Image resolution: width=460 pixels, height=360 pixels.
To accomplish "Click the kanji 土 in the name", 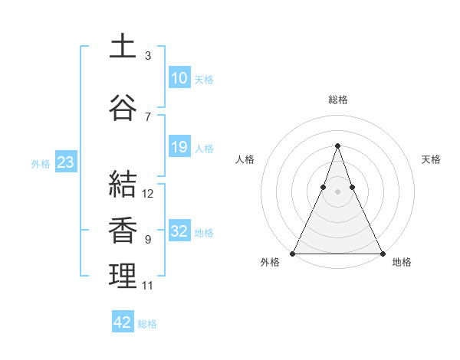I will click(123, 46).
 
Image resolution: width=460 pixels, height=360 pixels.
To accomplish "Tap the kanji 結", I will click(123, 185).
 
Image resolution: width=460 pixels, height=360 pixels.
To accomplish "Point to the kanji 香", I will click(123, 231).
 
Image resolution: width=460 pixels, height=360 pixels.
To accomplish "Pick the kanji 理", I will click(123, 277).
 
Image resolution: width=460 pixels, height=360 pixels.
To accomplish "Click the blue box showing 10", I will click(179, 78).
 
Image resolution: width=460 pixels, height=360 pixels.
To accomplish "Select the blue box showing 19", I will click(179, 147).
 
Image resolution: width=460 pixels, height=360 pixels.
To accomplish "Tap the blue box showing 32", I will click(179, 231).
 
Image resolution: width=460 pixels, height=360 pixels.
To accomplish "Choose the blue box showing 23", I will click(65, 162).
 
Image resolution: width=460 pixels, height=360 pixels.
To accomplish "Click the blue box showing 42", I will click(123, 322).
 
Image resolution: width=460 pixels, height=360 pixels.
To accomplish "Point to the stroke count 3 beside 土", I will click(148, 56).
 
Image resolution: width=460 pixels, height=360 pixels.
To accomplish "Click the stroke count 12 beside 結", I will click(148, 194).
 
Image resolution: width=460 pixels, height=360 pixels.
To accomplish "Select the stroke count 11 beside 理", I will click(148, 286).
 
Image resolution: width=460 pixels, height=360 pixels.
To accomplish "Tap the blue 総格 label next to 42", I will click(147, 324).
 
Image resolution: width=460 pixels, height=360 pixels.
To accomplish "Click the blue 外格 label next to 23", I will click(41, 163).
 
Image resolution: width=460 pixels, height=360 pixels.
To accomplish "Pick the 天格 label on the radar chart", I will click(432, 159).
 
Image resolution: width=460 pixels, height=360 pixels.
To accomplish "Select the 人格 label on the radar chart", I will click(245, 159).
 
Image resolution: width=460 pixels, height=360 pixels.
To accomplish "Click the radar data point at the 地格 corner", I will click(382, 253).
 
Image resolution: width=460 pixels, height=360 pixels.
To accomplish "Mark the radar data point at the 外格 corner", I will click(293, 253).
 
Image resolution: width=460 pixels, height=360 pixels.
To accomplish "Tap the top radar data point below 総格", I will click(337, 145).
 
